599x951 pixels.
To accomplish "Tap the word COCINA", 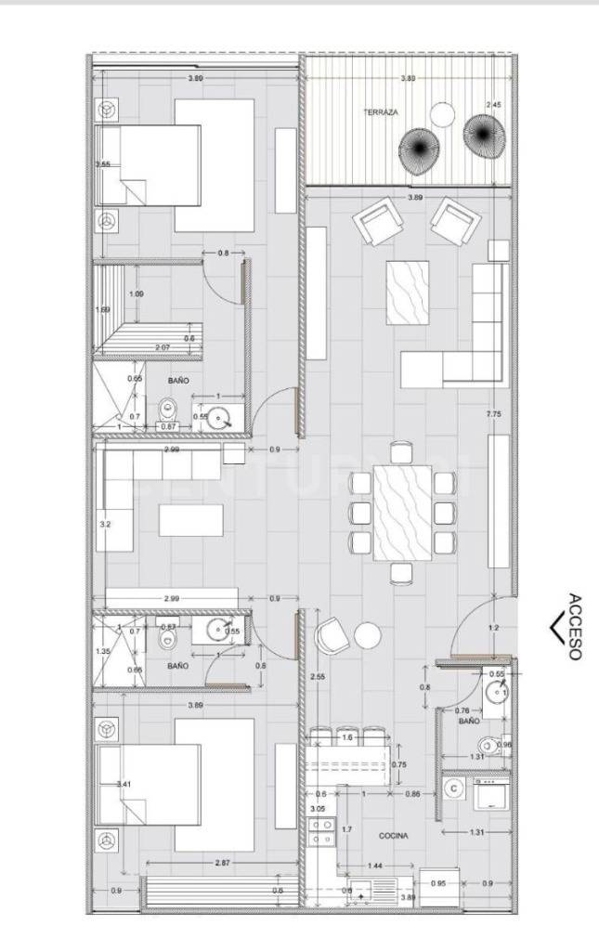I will tap(392, 835).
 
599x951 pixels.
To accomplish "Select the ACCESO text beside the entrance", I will tap(575, 627).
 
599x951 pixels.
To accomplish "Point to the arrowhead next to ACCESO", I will tap(555, 628).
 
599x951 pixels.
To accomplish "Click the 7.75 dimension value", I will tap(493, 415).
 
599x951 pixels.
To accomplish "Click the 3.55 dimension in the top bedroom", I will tap(103, 164).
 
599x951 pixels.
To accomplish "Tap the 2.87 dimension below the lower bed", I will tap(222, 863).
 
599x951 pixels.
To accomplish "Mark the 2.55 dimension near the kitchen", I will tap(319, 676).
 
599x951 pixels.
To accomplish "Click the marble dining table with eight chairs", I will tap(402, 512).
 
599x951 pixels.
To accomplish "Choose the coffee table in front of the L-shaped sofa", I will tap(408, 293).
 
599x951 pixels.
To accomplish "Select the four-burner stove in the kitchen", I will tap(322, 831).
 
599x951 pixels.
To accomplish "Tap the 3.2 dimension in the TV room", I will tap(105, 524).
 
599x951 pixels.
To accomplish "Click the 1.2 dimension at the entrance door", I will tap(493, 629).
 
